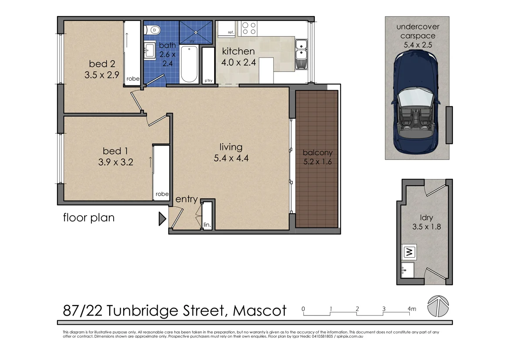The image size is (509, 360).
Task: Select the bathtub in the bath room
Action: [x=189, y=64]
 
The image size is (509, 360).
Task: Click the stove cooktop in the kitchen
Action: [x=249, y=28]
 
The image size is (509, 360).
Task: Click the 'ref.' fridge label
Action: [x=231, y=32]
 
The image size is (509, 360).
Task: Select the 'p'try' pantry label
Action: [x=208, y=81]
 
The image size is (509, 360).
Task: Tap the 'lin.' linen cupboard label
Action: [x=207, y=225]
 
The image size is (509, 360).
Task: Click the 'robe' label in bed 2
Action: [x=133, y=79]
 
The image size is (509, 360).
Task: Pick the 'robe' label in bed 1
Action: [x=161, y=194]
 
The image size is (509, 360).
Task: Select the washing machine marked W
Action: [x=409, y=251]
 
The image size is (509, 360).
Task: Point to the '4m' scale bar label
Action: [x=412, y=309]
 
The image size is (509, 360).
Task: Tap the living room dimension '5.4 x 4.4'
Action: [x=231, y=159]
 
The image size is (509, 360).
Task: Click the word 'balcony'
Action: [x=317, y=153]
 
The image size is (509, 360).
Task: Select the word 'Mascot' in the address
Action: [x=260, y=311]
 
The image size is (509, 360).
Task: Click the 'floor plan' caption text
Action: [x=89, y=217]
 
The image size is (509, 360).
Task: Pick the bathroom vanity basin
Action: [x=150, y=49]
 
